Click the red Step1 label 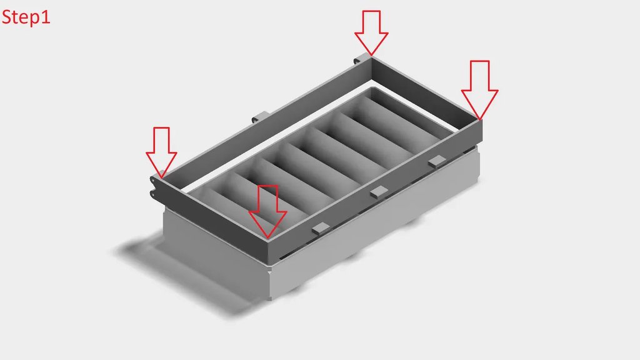[x=26, y=17]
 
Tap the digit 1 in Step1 [x=46, y=16]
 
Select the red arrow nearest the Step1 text [x=161, y=152]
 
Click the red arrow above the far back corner [x=371, y=32]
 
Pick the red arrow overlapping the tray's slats [x=267, y=211]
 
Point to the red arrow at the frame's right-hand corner [x=479, y=90]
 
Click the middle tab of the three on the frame [x=379, y=192]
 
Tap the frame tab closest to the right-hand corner [x=437, y=161]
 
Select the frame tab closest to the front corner [x=321, y=229]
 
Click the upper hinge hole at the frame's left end [x=152, y=179]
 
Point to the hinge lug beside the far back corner [x=358, y=60]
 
